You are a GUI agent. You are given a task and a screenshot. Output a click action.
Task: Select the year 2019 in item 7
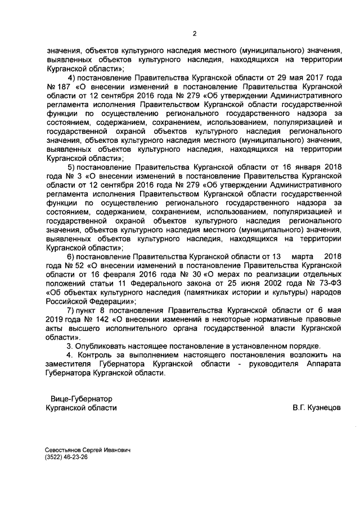56,319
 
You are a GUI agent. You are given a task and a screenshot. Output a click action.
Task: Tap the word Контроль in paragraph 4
97,354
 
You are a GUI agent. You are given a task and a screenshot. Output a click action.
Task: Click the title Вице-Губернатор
81,398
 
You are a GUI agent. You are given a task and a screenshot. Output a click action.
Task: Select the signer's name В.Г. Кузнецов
316,407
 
